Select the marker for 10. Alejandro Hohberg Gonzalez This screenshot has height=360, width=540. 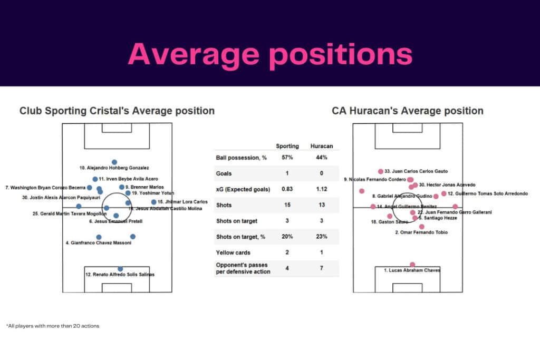click(114, 162)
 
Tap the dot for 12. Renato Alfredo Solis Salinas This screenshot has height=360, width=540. click(120, 269)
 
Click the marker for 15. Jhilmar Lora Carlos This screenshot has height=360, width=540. click(153, 202)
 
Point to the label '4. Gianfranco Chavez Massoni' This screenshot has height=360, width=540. click(98, 243)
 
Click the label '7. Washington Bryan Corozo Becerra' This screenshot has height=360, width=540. click(45, 188)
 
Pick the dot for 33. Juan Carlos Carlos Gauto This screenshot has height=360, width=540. click(381, 171)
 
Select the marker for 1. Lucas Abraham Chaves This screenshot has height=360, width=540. click(412, 265)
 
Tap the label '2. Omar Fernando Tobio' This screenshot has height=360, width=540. click(421, 232)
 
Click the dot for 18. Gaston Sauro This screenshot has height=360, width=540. click(390, 216)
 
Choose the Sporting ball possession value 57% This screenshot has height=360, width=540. click(287, 158)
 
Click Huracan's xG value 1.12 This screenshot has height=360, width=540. click(321, 189)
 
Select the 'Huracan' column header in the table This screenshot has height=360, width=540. click(321, 146)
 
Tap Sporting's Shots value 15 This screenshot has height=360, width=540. click(287, 205)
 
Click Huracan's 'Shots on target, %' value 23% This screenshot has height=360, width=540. click(321, 237)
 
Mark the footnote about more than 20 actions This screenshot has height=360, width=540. click(53, 326)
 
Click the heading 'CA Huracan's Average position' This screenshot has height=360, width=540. click(408, 111)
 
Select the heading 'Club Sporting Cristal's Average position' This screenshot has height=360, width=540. click(117, 111)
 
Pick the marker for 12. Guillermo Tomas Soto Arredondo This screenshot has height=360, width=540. click(443, 193)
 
